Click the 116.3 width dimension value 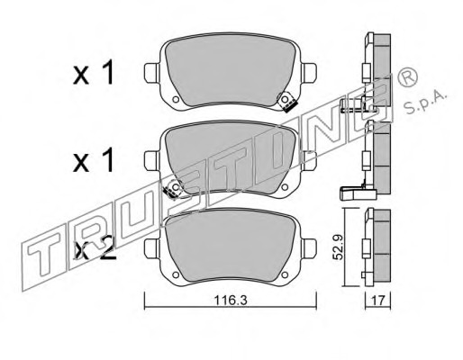[231, 301]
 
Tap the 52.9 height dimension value [339, 247]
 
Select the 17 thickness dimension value [377, 301]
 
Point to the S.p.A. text [424, 103]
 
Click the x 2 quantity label [95, 249]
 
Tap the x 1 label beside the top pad [93, 72]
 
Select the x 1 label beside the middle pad [93, 160]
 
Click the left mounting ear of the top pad [152, 73]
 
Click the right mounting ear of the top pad [309, 73]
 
